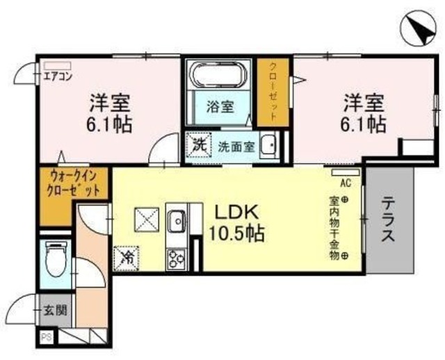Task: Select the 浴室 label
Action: [x=219, y=107]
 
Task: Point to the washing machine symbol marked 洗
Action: [x=200, y=146]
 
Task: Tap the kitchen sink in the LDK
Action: [x=175, y=220]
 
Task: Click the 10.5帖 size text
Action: [x=236, y=235]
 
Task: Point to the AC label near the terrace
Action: [x=344, y=183]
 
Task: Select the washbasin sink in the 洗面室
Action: [x=272, y=146]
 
